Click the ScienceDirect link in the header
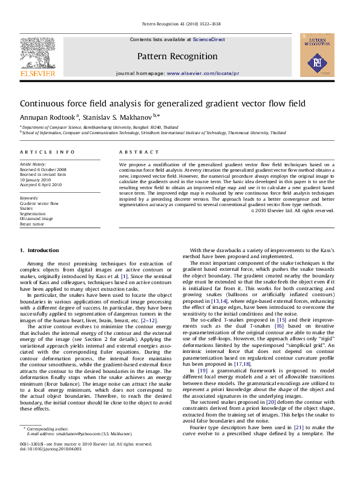209,39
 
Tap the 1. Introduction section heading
39,250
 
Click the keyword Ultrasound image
37,218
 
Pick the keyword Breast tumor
33,224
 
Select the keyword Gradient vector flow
39,204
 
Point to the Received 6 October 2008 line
43,169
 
